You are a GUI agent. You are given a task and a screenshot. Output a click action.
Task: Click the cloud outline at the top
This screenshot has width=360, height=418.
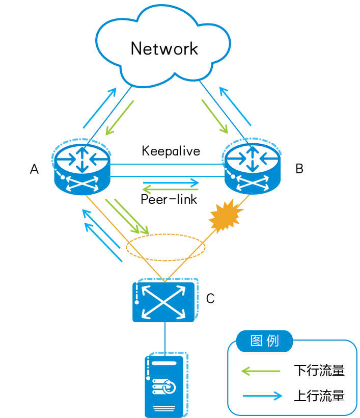(x=163, y=43)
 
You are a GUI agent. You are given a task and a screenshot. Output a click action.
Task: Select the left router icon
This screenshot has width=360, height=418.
(x=81, y=168)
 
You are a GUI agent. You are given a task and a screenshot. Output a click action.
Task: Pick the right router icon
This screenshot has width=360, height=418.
(x=252, y=168)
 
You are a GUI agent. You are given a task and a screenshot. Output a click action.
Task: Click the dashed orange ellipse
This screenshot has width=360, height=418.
(x=165, y=248)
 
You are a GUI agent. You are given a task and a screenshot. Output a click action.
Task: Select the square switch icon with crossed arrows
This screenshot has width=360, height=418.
(x=164, y=301)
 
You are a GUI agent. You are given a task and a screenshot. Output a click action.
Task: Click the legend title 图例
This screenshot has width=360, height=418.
(x=265, y=341)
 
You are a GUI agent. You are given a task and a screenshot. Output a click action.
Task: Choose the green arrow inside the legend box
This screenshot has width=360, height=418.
(x=260, y=371)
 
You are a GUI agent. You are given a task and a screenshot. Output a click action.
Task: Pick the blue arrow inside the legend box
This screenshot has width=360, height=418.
(x=263, y=396)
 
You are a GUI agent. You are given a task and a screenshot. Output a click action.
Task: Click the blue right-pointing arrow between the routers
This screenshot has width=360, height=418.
(x=171, y=182)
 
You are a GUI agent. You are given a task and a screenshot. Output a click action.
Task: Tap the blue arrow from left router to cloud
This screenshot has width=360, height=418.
(x=100, y=108)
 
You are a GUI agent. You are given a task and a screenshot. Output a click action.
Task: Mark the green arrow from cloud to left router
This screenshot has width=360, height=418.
(x=120, y=117)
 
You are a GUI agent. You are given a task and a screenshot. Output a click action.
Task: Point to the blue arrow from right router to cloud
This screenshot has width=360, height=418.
(x=235, y=106)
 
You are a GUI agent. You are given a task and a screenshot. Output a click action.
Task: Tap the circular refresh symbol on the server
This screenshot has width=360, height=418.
(x=170, y=387)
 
